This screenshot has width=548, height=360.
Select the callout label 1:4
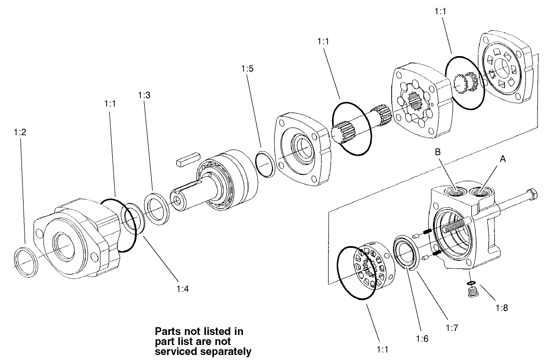tap(182, 288)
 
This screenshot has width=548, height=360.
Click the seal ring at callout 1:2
tap(25, 261)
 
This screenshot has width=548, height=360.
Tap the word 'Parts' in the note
tap(167, 331)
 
